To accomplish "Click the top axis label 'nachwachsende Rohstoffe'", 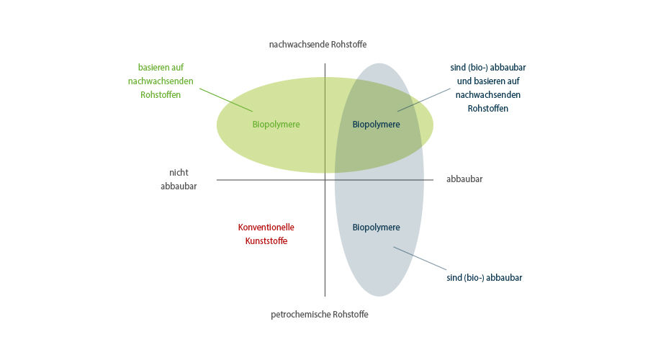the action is (318, 44).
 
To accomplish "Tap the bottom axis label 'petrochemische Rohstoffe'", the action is (320, 314).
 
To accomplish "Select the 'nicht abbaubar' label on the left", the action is (179, 179).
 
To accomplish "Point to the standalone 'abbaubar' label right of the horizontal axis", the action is (464, 179).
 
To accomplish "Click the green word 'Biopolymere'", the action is (276, 124).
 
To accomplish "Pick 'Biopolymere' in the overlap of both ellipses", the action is (376, 124).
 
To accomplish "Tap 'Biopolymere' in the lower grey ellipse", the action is (376, 227).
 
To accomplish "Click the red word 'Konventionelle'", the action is (266, 227).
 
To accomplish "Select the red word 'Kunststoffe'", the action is (266, 240).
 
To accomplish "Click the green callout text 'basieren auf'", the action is (161, 67).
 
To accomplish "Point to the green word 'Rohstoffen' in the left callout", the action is (161, 94).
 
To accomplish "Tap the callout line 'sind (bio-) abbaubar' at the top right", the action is (488, 68).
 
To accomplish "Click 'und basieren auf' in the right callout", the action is (488, 81).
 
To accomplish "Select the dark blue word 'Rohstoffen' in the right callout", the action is (488, 108).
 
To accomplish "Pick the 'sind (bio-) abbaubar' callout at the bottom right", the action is (485, 278).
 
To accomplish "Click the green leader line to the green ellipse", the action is (226, 100).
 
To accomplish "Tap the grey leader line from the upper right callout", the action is (424, 100).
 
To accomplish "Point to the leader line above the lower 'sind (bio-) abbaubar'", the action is (420, 258).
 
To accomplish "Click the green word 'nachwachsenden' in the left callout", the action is (161, 81).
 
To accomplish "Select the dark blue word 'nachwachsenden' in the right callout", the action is (488, 94).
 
